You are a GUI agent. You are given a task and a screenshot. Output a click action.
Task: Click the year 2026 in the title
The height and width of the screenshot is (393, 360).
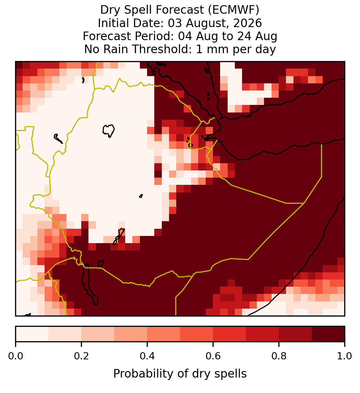coord(248,23)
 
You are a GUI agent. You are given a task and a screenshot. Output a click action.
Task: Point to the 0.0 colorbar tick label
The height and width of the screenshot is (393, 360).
coord(15,356)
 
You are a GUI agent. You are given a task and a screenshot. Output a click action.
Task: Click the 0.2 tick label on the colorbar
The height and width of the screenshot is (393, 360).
coord(81,356)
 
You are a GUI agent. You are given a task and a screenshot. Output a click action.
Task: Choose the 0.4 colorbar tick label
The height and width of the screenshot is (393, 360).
coord(147,356)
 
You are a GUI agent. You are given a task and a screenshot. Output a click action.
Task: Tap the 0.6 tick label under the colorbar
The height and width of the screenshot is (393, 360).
coord(213,356)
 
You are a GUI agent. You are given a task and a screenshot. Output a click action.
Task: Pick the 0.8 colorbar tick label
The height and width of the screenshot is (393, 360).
coord(279,356)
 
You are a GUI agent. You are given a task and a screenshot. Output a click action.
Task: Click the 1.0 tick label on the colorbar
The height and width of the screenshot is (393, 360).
coord(345,356)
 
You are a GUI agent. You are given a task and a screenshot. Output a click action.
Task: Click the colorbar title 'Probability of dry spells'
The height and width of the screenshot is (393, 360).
coord(180,374)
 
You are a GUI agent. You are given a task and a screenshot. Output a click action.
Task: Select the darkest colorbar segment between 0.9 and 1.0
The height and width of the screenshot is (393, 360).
coord(328,334)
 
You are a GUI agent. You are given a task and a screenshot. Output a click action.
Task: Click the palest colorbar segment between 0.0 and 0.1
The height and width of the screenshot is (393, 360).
coord(32,334)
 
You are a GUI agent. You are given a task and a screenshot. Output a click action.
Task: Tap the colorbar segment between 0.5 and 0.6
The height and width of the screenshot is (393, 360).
coord(197,334)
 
